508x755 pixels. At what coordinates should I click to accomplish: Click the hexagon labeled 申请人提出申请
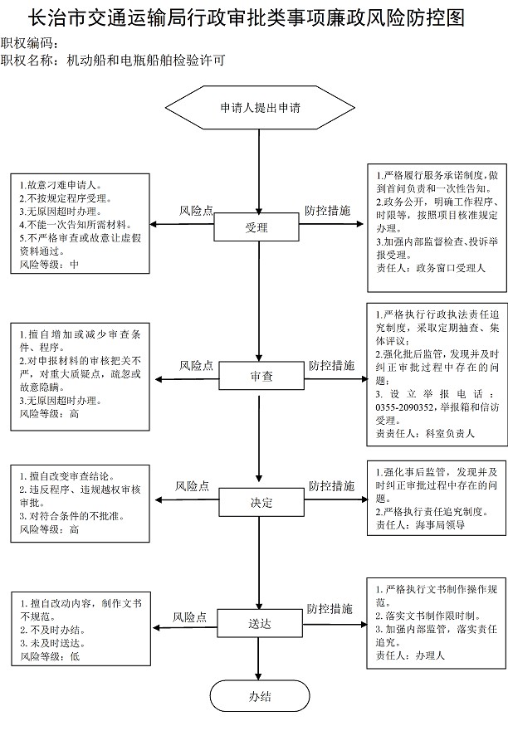[260, 107]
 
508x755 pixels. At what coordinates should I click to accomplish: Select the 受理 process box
[256, 227]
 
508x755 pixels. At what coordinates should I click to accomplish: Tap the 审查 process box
[261, 376]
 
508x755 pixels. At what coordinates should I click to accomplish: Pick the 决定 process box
[261, 503]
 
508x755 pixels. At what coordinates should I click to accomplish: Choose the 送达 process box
[260, 624]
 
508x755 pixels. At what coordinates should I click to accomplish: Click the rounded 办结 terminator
[260, 696]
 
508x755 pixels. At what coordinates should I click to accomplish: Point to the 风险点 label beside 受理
[196, 211]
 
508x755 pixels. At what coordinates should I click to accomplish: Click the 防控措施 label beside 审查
[332, 365]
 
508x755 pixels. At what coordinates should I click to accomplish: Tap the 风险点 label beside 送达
[190, 616]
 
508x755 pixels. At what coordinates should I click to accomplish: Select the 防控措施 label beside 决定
[332, 486]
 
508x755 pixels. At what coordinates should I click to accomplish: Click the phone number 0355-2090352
[405, 407]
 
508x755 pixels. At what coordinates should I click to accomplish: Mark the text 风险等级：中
[49, 265]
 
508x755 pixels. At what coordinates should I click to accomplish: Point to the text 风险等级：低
[50, 656]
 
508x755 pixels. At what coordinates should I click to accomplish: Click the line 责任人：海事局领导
[420, 525]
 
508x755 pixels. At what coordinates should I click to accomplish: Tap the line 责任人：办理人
[410, 655]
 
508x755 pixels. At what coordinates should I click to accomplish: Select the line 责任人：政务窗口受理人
[431, 268]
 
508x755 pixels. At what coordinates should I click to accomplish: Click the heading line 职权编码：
[30, 43]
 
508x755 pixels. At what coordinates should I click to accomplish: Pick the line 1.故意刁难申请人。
[61, 185]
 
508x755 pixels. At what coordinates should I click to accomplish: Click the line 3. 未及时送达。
[53, 643]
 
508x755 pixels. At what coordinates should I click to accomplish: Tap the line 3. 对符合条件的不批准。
[72, 516]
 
